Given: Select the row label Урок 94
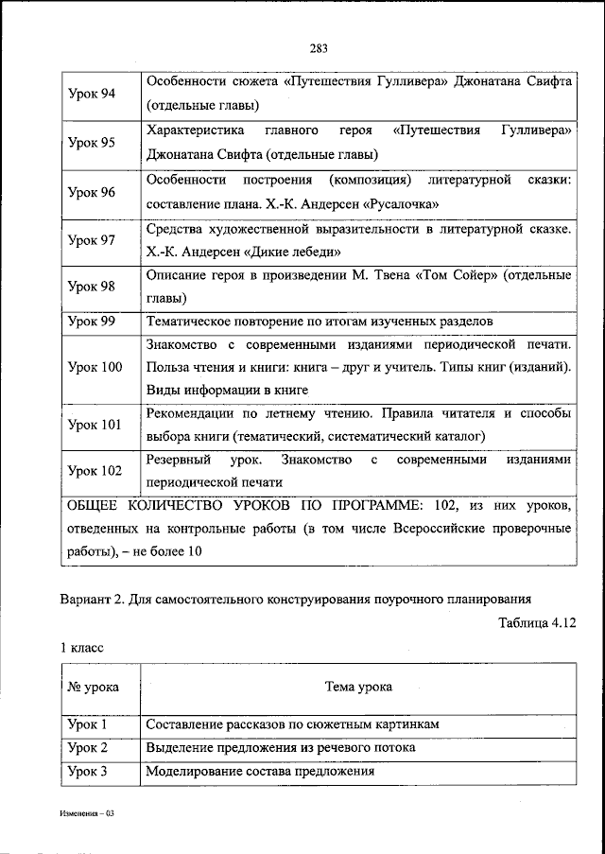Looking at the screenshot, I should click(92, 95).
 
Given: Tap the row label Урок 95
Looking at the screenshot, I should click(92, 143).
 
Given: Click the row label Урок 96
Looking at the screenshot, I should click(92, 191).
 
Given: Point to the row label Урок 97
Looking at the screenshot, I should click(92, 239).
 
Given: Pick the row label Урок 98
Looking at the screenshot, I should click(92, 287).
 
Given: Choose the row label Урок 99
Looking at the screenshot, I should click(92, 322).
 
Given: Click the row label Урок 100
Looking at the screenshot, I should click(95, 367).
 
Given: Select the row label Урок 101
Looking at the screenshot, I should click(95, 425).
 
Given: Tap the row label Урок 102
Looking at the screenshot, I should click(95, 470).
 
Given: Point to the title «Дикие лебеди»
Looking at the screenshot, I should click(296, 252).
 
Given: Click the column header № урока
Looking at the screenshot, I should click(94, 688).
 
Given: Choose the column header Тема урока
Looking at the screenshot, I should click(357, 688).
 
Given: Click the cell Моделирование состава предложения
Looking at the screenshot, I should click(260, 771).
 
